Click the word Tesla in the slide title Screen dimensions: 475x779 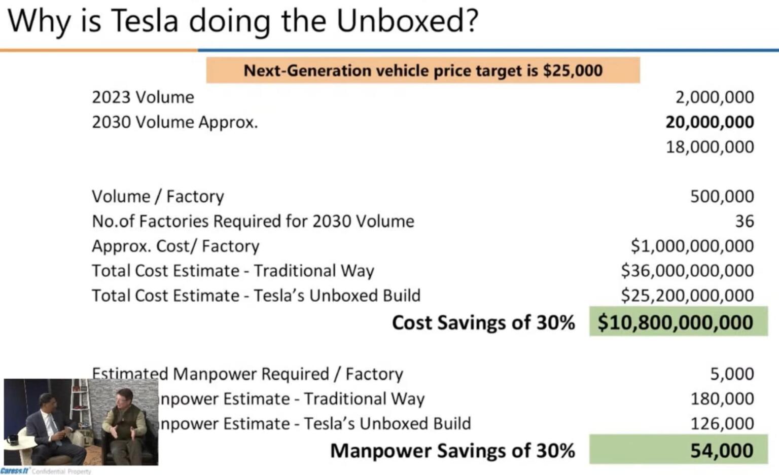click(x=145, y=21)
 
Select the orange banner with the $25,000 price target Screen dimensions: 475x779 click(x=422, y=70)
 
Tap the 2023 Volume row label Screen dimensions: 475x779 click(x=143, y=97)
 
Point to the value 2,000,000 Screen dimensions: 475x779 click(x=714, y=97)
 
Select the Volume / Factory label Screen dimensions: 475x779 click(x=158, y=197)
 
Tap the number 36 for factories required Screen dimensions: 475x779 click(x=744, y=222)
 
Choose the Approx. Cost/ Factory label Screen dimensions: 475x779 click(x=175, y=246)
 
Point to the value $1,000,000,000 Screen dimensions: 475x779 click(x=692, y=246)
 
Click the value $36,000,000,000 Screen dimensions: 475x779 click(x=687, y=271)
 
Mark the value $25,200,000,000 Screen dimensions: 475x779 click(x=687, y=296)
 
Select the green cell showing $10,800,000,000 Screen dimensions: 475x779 click(x=678, y=322)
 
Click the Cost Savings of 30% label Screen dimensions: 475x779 click(x=483, y=323)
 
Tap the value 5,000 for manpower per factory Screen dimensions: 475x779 click(x=731, y=374)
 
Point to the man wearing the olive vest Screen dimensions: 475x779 click(x=124, y=423)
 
